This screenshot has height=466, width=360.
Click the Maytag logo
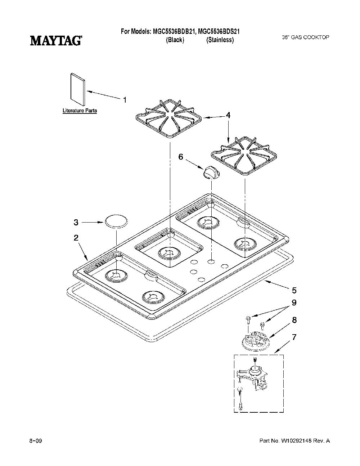pos(55,41)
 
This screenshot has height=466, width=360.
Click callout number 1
pos(125,100)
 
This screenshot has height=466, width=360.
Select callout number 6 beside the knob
pos(181,157)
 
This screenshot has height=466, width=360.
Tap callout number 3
pos(76,223)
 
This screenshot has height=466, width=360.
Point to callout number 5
pos(294,290)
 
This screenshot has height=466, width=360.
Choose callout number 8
pos(294,320)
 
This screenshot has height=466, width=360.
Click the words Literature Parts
pos(80,111)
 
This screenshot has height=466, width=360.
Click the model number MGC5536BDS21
pos(219,32)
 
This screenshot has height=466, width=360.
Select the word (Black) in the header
pos(175,40)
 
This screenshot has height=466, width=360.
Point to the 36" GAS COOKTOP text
pos(305,37)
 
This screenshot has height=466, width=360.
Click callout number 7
pos(294,337)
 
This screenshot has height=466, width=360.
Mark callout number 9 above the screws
pos(294,303)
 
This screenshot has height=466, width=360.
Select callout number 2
pos(76,238)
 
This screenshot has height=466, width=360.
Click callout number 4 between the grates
pos(228,115)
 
